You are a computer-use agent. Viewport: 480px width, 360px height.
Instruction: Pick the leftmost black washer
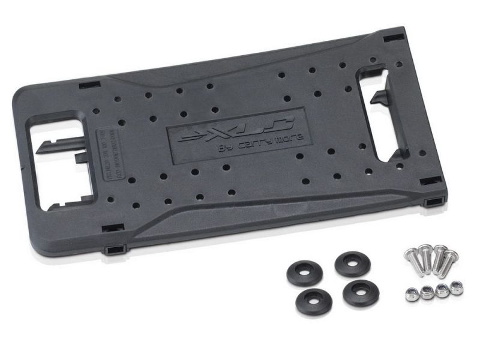(x=305, y=273)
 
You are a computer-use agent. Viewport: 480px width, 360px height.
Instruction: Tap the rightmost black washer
(x=361, y=292)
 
